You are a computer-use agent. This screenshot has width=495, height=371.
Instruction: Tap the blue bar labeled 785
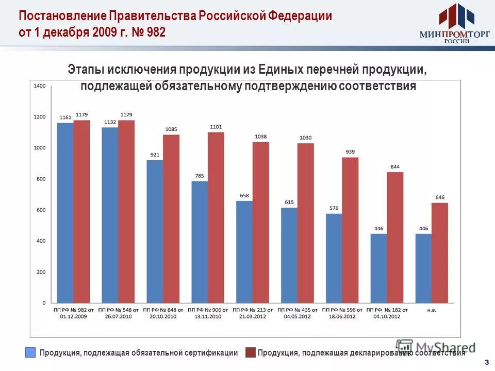coord(200,242)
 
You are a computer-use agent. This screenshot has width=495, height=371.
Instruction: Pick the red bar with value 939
coord(350,230)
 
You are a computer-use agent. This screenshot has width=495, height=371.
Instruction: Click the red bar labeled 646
coord(440,252)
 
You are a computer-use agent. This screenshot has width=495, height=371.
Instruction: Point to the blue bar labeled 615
coord(289,255)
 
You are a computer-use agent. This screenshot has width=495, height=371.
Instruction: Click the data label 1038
coord(260,137)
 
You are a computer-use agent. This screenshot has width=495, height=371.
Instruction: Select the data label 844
coord(395,167)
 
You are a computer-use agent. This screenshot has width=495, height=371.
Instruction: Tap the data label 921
coord(155,155)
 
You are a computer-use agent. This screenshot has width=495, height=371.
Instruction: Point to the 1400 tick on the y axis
coord(40,86)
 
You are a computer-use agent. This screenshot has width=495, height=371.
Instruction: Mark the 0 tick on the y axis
coord(44,302)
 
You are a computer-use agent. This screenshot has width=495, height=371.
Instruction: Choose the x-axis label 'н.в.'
coord(432,310)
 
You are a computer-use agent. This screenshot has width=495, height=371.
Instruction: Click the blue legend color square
coord(31,352)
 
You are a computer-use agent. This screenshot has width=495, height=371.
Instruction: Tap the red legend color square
coord(250,352)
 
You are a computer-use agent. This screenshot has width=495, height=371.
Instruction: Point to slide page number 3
coord(486,362)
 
